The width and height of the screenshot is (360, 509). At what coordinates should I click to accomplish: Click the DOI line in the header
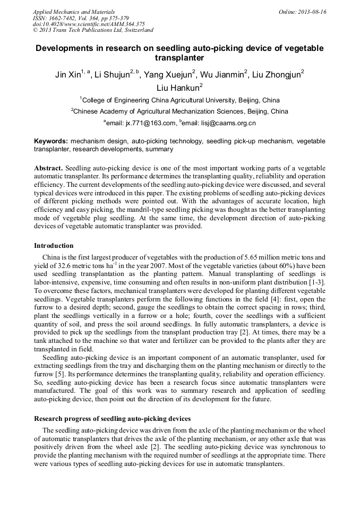tap(89, 24)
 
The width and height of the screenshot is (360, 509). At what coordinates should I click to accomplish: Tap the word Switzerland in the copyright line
tap(137, 30)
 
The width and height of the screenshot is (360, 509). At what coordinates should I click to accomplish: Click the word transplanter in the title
tap(179, 58)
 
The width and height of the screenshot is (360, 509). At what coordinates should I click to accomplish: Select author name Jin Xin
tap(67, 75)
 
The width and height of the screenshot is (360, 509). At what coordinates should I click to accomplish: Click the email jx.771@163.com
tap(142, 123)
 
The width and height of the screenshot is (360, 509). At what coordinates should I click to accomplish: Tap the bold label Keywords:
tap(51, 141)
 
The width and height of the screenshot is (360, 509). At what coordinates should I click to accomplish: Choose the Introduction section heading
tap(54, 246)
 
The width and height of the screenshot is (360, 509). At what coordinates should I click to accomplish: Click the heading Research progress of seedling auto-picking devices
tap(112, 419)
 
